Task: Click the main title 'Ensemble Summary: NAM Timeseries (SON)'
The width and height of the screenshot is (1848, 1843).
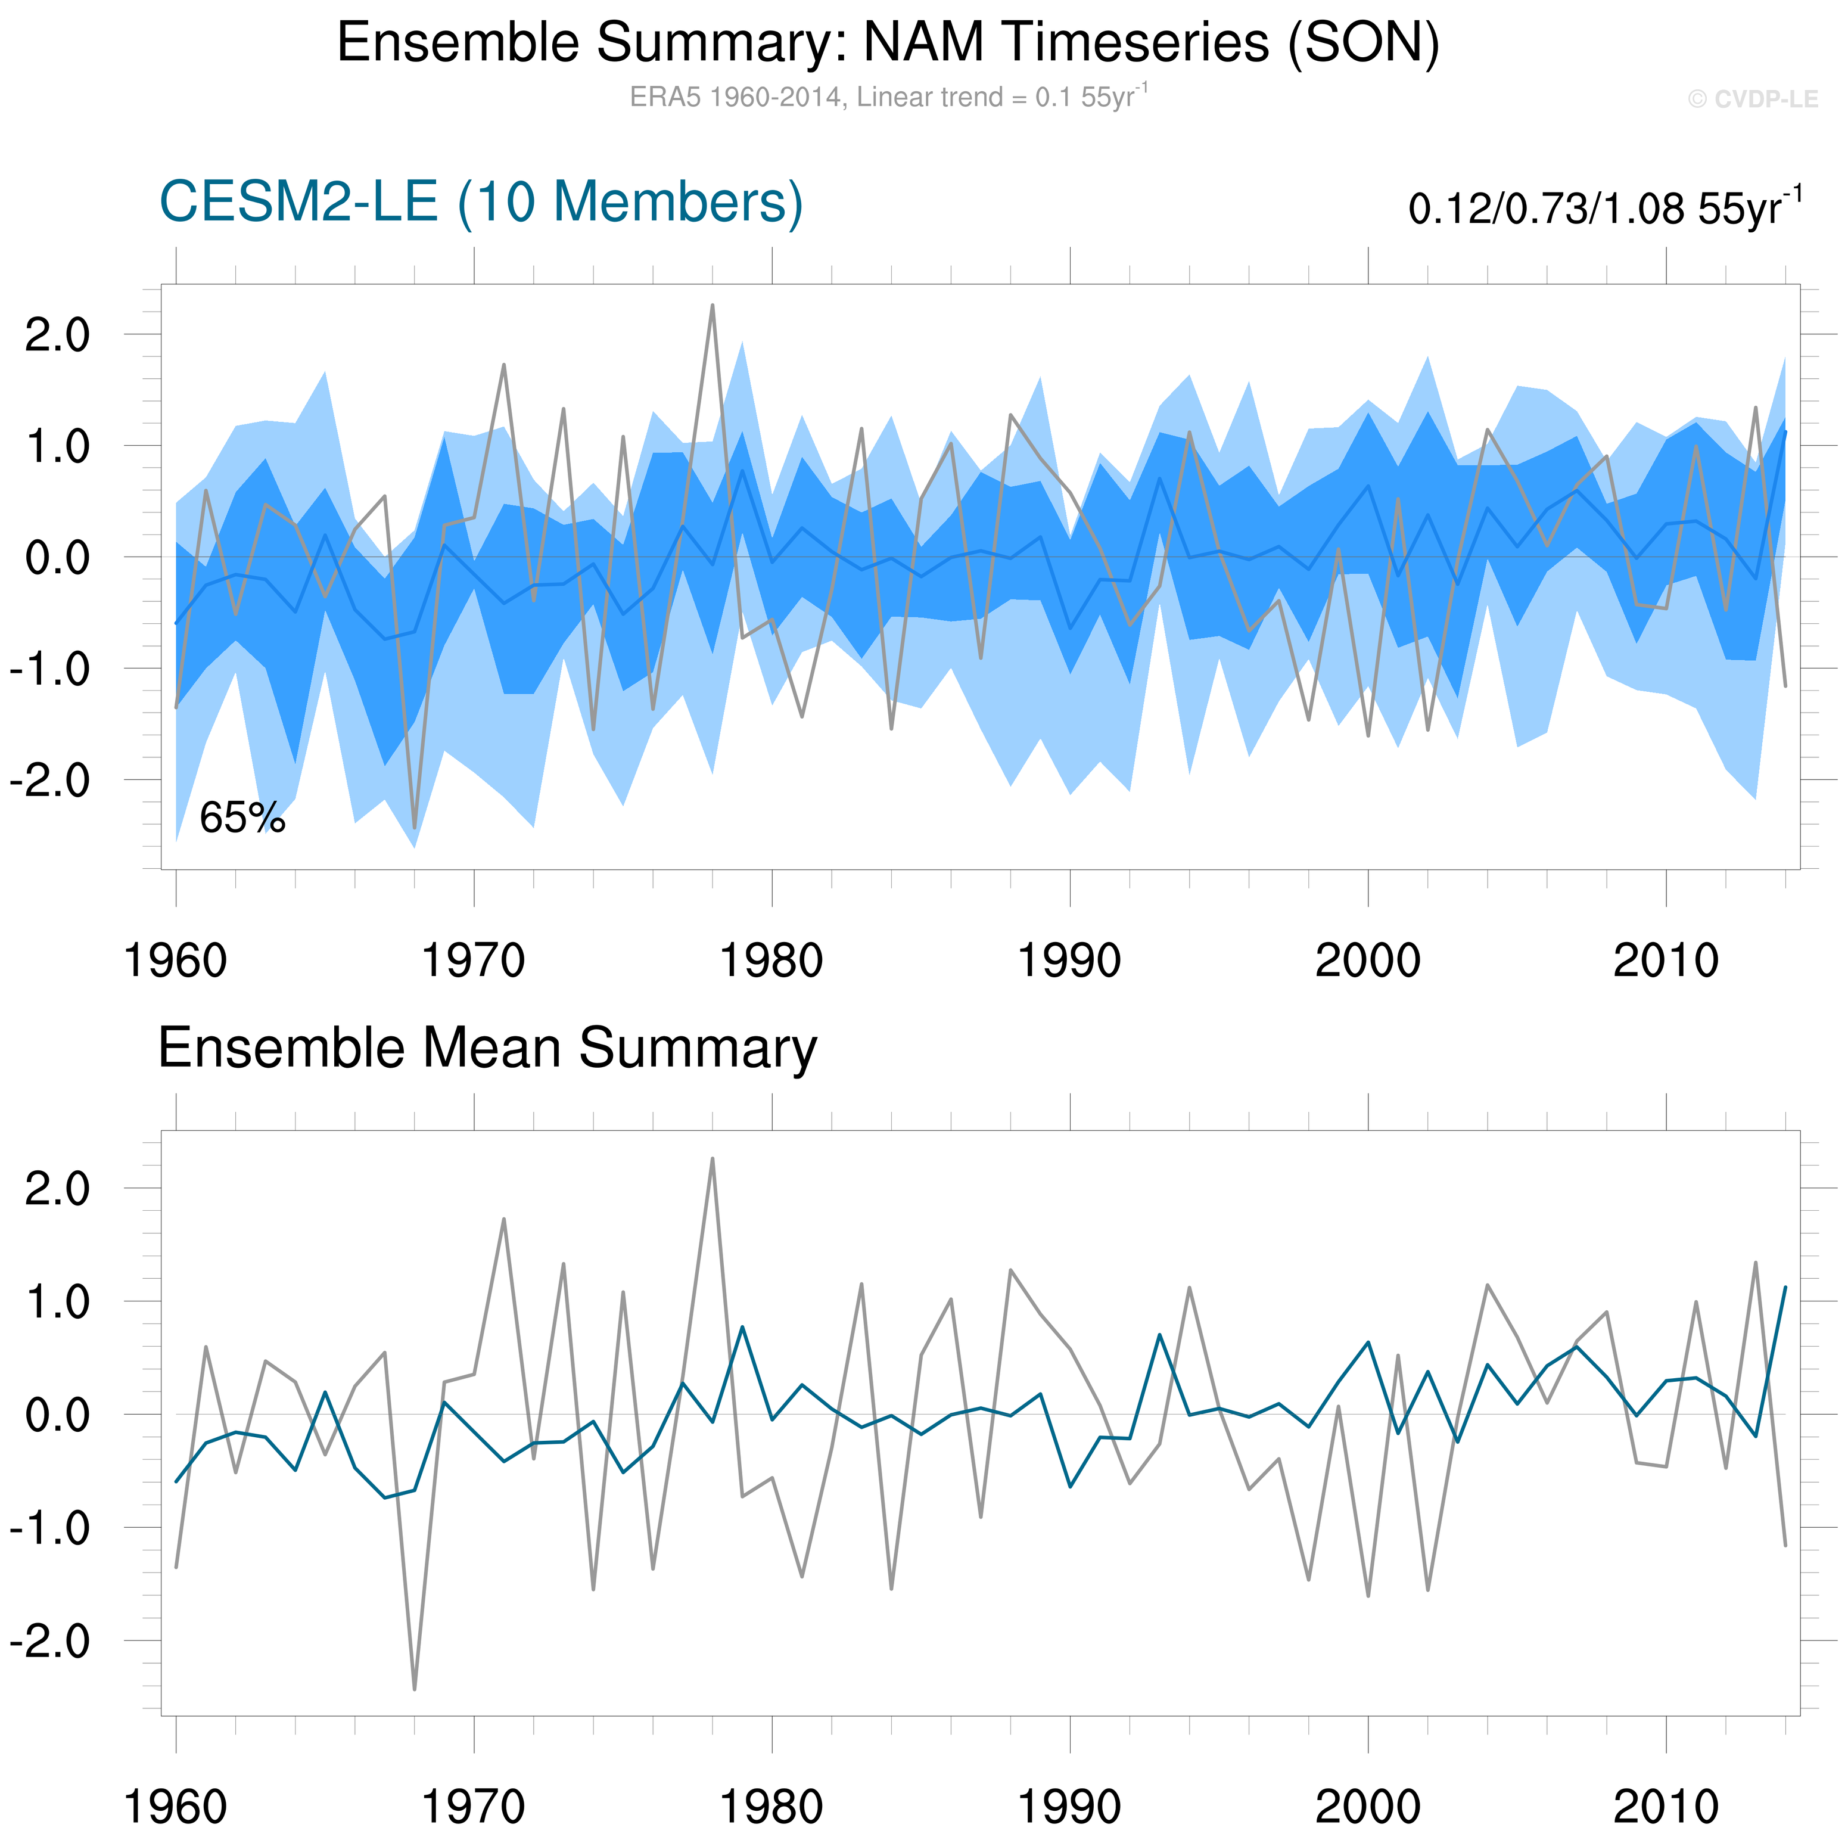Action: [888, 43]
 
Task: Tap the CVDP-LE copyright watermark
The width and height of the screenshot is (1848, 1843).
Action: [1752, 100]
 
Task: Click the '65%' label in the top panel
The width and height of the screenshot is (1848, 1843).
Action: [242, 818]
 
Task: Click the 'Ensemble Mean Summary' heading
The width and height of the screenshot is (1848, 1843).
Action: [487, 1048]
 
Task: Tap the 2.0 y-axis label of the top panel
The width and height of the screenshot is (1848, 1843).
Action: [57, 336]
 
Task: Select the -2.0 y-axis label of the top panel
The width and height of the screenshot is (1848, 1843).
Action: [49, 781]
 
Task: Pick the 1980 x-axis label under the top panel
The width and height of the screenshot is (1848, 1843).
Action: [771, 961]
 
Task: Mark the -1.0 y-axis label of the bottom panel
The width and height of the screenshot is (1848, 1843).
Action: [49, 1528]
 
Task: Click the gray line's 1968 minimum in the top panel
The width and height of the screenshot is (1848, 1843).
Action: [414, 828]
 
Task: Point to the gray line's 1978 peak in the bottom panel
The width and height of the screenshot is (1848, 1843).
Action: [713, 1159]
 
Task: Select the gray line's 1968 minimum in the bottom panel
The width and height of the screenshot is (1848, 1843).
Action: [414, 1689]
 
